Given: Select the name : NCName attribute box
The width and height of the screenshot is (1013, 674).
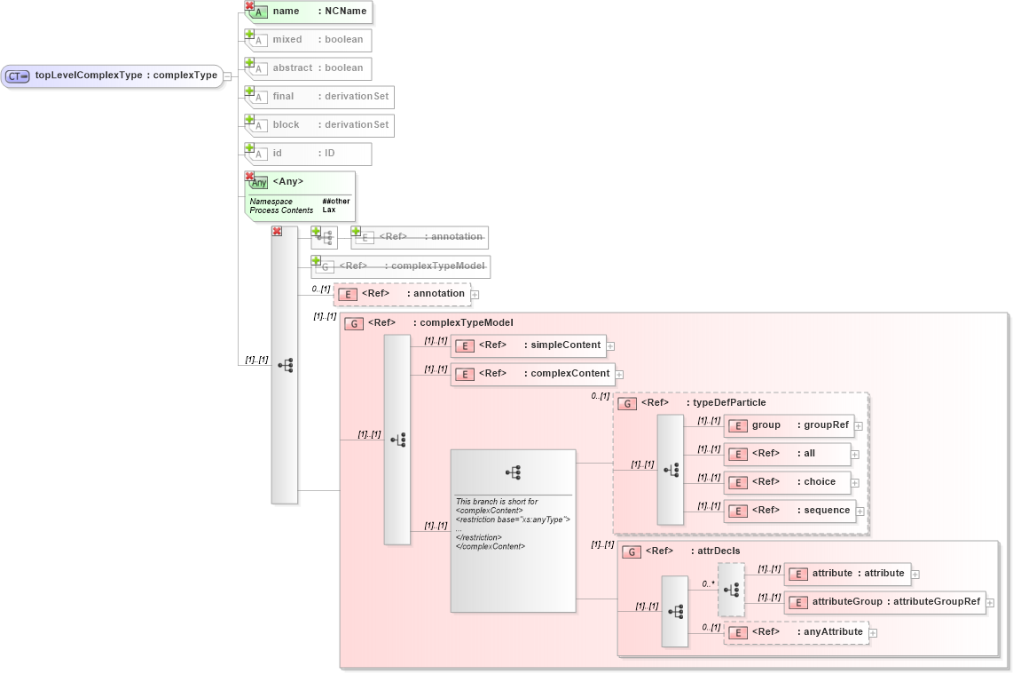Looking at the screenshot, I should (x=310, y=12).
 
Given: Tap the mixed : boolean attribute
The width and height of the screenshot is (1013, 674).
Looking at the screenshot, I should (x=310, y=40).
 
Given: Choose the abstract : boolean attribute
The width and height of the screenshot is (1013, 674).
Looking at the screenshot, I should (x=310, y=68).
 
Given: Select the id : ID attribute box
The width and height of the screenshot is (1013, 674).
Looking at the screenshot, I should (x=310, y=154).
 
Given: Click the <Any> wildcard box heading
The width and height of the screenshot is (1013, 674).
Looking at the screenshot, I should (x=288, y=182).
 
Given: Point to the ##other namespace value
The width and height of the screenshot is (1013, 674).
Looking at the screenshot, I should (x=336, y=202).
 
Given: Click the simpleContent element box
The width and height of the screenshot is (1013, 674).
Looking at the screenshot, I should (x=528, y=345).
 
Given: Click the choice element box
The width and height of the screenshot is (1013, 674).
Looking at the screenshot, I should (x=788, y=482).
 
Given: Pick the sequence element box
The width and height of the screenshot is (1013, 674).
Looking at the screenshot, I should (x=789, y=511).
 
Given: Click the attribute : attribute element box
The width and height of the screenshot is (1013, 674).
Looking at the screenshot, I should (x=847, y=574).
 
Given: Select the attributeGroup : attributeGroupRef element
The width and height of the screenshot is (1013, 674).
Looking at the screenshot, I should (x=885, y=602).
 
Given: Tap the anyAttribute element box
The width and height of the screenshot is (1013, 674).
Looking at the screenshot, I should (x=796, y=632).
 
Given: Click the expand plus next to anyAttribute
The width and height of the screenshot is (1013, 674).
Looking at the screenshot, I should (x=874, y=633).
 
